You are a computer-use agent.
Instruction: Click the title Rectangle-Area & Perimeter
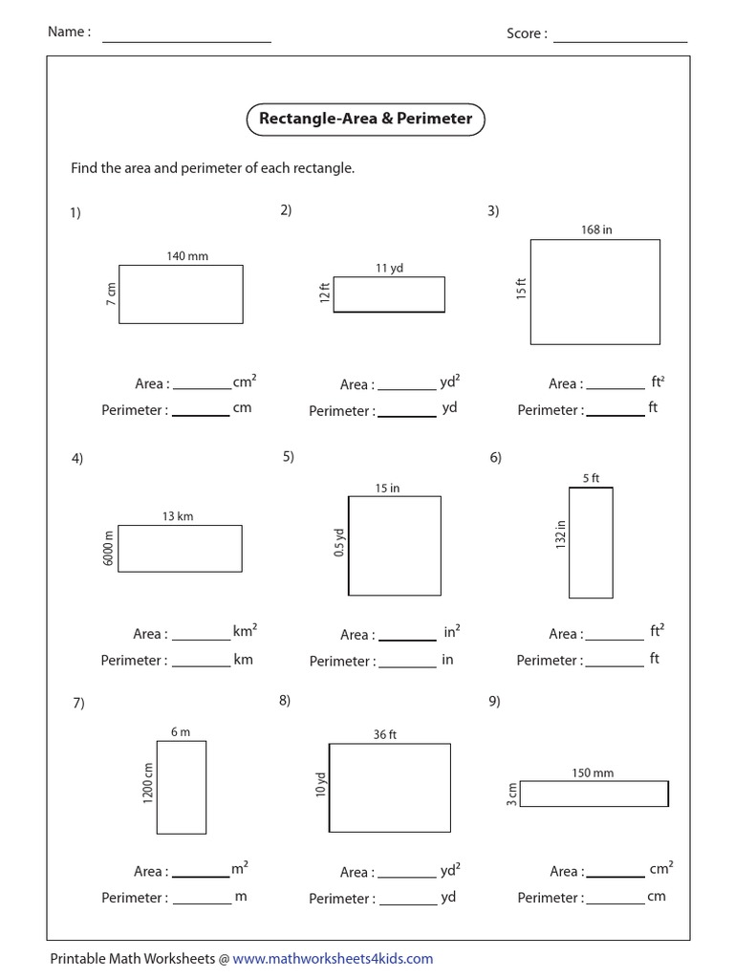tap(366, 120)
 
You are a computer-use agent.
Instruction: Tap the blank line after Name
tap(186, 40)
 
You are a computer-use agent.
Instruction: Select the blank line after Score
tap(620, 40)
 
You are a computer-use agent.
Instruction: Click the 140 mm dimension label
tap(187, 256)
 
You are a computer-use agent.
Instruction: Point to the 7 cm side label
tap(111, 294)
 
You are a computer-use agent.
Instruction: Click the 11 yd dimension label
tap(389, 269)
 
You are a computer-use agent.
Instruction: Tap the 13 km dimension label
tap(178, 516)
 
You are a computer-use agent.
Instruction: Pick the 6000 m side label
tap(109, 548)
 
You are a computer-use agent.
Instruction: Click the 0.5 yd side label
tap(338, 545)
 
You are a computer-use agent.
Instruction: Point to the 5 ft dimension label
tap(591, 479)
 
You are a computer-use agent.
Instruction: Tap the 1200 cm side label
tap(148, 783)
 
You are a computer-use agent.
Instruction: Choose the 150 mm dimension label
tap(594, 772)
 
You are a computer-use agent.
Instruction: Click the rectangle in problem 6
tap(591, 542)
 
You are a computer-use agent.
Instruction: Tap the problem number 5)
tap(289, 457)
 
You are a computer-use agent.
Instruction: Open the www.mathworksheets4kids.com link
tap(333, 958)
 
